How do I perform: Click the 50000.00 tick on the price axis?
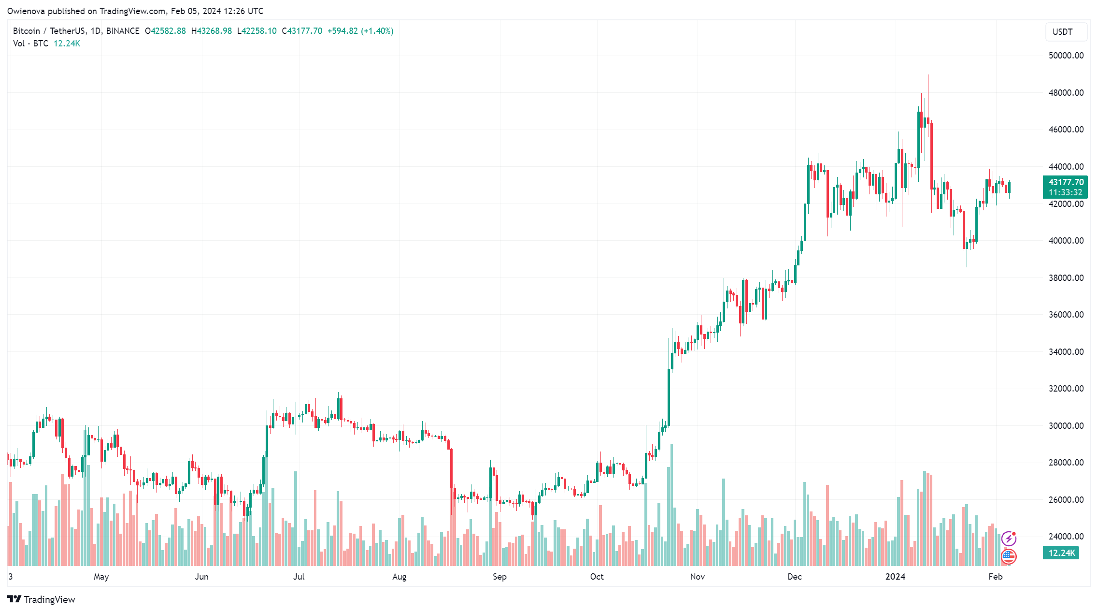pos(1066,56)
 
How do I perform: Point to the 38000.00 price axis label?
pos(1066,278)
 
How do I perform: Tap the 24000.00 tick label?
pos(1066,537)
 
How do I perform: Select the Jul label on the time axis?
pos(299,577)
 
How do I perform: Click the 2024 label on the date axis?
pos(895,577)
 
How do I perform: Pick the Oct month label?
pos(597,577)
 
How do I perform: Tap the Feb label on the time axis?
pos(996,577)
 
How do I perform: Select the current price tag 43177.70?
pos(1066,182)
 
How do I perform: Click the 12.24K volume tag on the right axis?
pos(1061,553)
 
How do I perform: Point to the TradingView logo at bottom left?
pos(42,599)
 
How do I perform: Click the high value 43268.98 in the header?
pos(214,31)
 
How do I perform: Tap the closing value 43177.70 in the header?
pos(304,31)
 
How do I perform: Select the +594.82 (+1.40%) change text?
pos(360,31)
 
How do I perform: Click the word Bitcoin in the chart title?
pos(27,31)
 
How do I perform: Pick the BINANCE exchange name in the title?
pos(123,31)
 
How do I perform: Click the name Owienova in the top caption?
pos(26,11)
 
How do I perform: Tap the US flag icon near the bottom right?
pos(1009,556)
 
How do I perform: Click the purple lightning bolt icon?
pos(1009,538)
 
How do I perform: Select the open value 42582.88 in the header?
pos(168,31)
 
